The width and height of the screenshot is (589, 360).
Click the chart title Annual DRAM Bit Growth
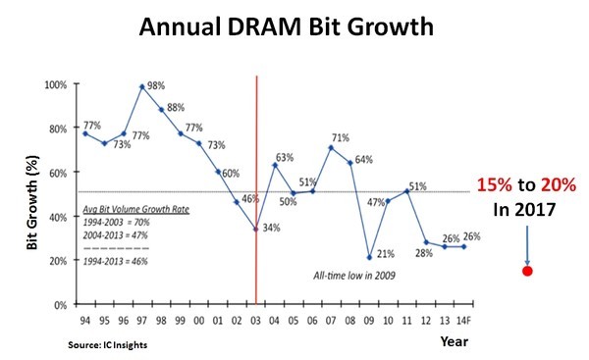pyautogui.click(x=287, y=27)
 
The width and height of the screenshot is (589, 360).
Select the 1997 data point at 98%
pyautogui.click(x=142, y=86)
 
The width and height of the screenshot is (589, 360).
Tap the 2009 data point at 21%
pyautogui.click(x=370, y=258)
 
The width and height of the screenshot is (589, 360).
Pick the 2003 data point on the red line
pyautogui.click(x=256, y=229)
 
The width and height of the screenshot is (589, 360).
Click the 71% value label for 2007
pyautogui.click(x=341, y=137)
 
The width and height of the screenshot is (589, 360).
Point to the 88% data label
pyautogui.click(x=176, y=108)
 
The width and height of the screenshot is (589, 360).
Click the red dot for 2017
pyautogui.click(x=527, y=271)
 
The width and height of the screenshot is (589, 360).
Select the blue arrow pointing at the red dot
pyautogui.click(x=527, y=245)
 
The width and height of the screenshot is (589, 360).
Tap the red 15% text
pyautogui.click(x=495, y=185)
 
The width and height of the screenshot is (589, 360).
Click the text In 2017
pyautogui.click(x=524, y=210)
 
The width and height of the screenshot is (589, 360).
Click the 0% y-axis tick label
pyautogui.click(x=61, y=305)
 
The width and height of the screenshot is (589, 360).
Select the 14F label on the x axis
pyautogui.click(x=463, y=321)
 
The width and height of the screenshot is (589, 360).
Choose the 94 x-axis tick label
pyautogui.click(x=85, y=321)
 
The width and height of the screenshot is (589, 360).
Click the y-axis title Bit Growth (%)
pyautogui.click(x=32, y=203)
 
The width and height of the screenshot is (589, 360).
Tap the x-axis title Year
pyautogui.click(x=455, y=341)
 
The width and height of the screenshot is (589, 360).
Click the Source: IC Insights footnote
pyautogui.click(x=107, y=345)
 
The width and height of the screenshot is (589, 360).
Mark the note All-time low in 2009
pyautogui.click(x=354, y=276)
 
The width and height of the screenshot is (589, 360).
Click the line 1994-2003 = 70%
pyautogui.click(x=116, y=223)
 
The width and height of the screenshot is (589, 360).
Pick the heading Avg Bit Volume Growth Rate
pyautogui.click(x=136, y=210)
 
